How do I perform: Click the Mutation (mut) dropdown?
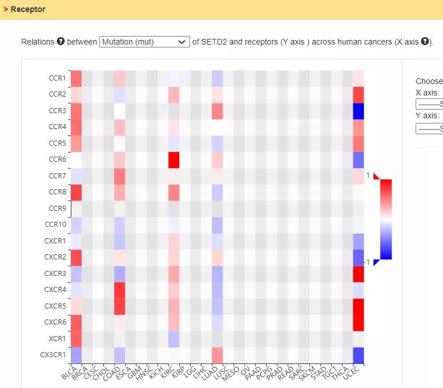pyautogui.click(x=144, y=42)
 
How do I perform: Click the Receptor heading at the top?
pyautogui.click(x=27, y=9)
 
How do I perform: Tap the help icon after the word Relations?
pyautogui.click(x=61, y=42)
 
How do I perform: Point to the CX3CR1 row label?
pyautogui.click(x=53, y=354)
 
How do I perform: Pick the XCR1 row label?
pyautogui.click(x=57, y=338)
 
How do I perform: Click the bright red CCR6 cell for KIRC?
pyautogui.click(x=174, y=159)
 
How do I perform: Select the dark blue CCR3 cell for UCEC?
pyautogui.click(x=358, y=111)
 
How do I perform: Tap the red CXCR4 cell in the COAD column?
pyautogui.click(x=119, y=290)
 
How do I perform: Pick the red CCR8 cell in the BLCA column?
pyautogui.click(x=76, y=192)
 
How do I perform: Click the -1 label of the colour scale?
pyautogui.click(x=369, y=262)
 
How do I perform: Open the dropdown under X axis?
pyautogui.click(x=429, y=104)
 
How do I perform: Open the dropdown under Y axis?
pyautogui.click(x=429, y=128)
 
